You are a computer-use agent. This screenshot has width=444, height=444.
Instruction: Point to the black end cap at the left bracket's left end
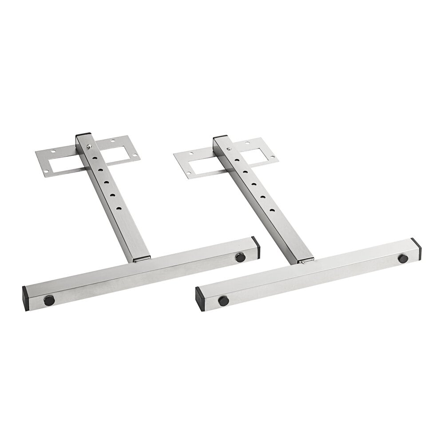[26, 293]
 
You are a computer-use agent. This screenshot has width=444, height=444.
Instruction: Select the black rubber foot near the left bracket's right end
[240, 256]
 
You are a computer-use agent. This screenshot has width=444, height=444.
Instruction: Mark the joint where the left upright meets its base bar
[142, 257]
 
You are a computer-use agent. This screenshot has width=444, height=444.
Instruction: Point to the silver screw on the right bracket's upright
[230, 149]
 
